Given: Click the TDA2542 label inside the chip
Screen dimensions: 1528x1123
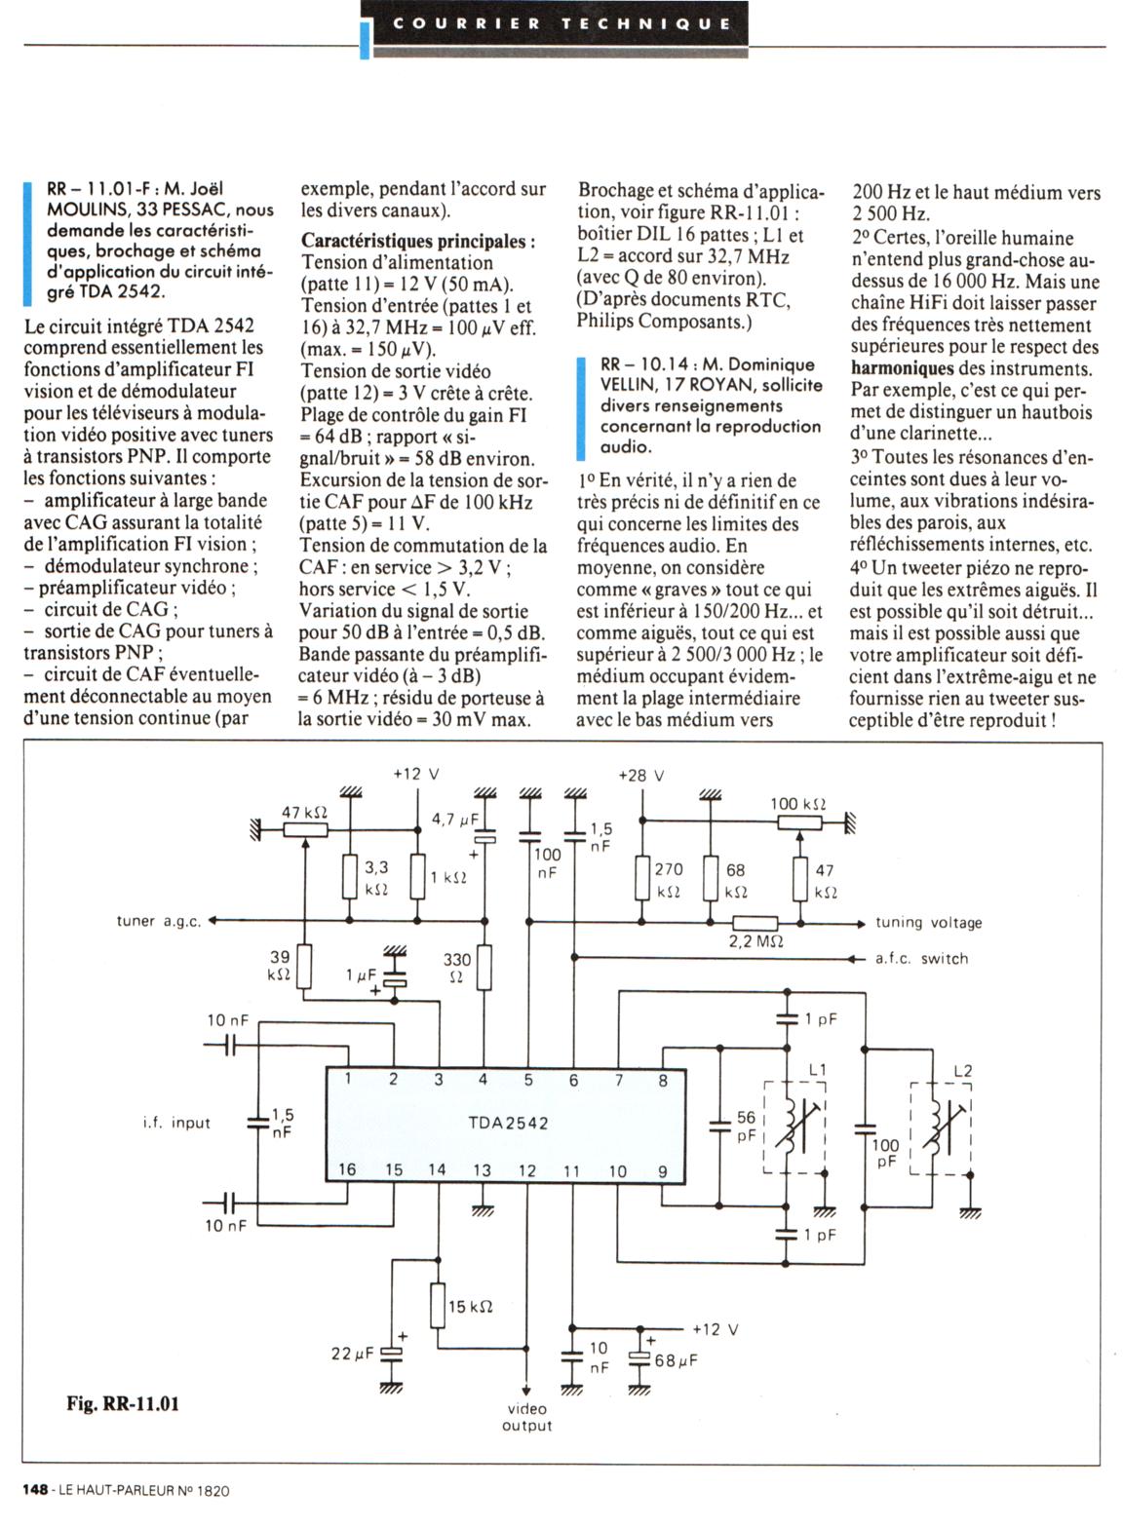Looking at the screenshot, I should click(x=508, y=1123).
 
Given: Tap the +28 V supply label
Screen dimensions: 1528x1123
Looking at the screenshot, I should click(x=641, y=776).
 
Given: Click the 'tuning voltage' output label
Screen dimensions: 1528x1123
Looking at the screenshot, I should click(x=928, y=923).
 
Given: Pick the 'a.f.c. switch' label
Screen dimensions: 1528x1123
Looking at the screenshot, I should click(x=921, y=959).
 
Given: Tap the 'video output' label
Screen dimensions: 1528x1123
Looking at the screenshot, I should click(x=526, y=1417).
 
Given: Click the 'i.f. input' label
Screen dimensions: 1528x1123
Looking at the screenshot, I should click(x=176, y=1123).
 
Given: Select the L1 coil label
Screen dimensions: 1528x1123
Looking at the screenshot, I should click(x=817, y=1070).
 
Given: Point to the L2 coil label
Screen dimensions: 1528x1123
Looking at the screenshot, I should click(x=962, y=1071).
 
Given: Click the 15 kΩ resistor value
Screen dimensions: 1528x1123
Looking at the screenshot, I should click(x=470, y=1306).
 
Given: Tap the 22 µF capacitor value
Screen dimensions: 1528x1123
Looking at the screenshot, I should click(x=353, y=1354).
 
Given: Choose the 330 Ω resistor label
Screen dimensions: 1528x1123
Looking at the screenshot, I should click(x=456, y=968).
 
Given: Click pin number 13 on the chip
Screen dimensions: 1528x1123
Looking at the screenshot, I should click(x=482, y=1170).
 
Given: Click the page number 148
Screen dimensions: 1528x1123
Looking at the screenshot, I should click(x=36, y=1490).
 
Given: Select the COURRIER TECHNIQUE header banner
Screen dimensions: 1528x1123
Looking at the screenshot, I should click(x=561, y=23).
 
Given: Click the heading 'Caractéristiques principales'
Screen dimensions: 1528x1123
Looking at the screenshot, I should click(x=417, y=241).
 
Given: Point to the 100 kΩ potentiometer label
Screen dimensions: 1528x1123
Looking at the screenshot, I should click(x=798, y=804).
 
